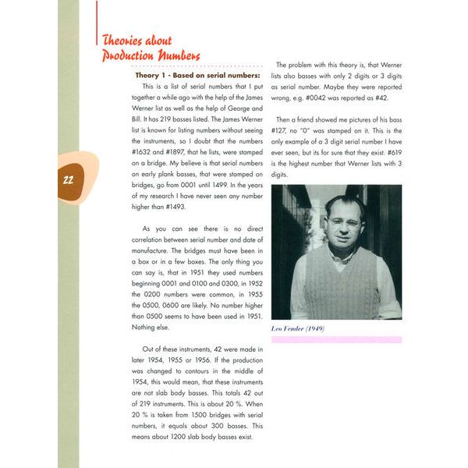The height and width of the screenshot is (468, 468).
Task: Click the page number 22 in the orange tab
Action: [68, 179]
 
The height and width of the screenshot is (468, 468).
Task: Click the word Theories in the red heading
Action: [125, 41]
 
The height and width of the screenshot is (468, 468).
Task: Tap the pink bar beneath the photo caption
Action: [336, 340]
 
